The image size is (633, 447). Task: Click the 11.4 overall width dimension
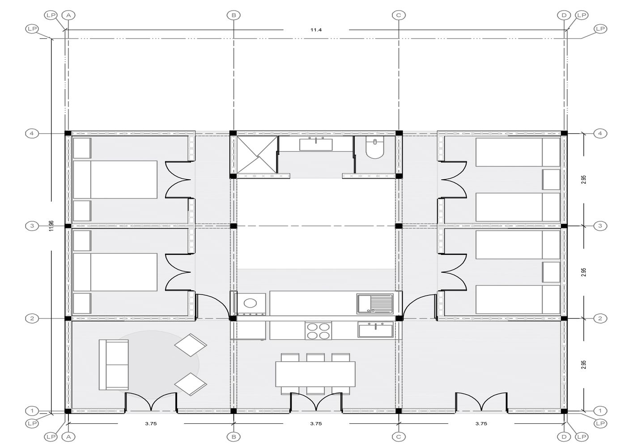coord(316,30)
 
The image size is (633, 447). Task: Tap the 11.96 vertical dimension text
coord(51,226)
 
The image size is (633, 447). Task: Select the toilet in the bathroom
coord(375,147)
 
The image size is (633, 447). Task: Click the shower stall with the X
coord(257,155)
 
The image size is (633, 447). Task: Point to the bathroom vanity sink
coord(316,144)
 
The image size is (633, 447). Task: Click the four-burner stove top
coord(318,331)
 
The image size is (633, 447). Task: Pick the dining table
coord(315,374)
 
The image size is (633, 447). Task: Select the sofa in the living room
coord(114,365)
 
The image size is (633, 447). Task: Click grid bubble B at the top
coord(234,15)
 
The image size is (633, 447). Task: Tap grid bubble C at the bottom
coord(399,437)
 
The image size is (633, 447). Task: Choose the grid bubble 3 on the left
coord(32,226)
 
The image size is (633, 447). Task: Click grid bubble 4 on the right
coord(600,133)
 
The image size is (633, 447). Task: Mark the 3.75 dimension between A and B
coord(151,424)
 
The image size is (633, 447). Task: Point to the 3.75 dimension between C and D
coord(481,424)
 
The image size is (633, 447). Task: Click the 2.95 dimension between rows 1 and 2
coord(584,365)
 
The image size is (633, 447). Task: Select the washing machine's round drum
coord(250,303)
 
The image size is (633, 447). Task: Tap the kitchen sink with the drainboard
coord(375,304)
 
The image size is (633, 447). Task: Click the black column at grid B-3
coord(234,226)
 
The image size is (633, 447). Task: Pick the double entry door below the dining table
coord(317,402)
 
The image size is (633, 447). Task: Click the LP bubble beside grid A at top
coord(51,15)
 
